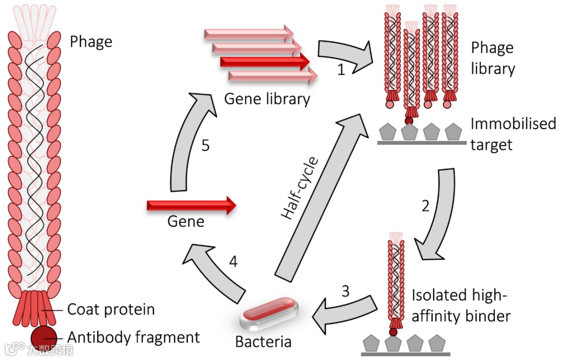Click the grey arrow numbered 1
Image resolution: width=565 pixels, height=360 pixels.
344,54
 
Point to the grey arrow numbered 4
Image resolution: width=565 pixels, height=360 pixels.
216,271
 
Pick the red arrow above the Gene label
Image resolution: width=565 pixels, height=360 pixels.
191,206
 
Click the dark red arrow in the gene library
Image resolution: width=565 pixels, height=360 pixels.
265,62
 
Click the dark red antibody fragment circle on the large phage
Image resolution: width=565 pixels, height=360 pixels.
43,338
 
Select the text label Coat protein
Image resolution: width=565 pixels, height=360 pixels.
111,310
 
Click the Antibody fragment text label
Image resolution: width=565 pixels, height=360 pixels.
133,337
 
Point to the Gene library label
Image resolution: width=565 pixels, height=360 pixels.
267,99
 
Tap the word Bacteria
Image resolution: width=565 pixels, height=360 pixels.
263,342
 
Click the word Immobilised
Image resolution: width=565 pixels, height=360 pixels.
513,123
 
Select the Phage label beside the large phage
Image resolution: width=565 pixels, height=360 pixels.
91,42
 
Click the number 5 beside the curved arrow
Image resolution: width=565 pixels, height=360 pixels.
206,145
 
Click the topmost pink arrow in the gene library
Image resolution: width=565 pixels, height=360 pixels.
249,33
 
